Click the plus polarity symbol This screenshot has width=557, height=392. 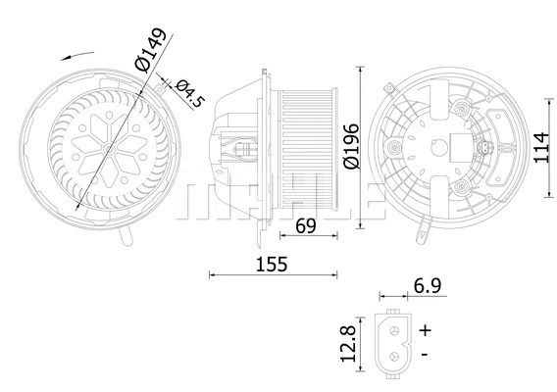tap(426, 330)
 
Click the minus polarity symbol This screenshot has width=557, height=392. tap(424, 353)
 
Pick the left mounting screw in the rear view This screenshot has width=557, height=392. tap(395, 150)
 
